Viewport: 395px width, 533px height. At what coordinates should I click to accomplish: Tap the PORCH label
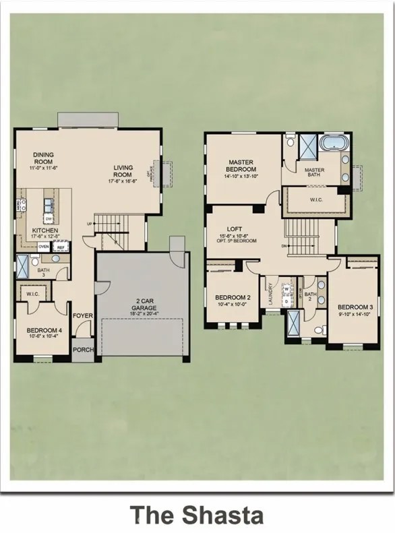[83, 350]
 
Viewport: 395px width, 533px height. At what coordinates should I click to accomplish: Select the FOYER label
[83, 314]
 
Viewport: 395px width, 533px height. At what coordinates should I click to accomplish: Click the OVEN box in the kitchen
[43, 247]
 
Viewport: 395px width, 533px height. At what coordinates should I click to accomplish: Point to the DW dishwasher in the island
[49, 219]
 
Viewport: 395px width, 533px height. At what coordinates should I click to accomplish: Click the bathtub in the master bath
[331, 144]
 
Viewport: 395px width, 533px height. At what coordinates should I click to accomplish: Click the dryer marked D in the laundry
[286, 301]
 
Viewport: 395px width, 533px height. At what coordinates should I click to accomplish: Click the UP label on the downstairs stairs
[90, 224]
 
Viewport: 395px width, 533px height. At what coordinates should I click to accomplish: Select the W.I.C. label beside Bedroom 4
[32, 294]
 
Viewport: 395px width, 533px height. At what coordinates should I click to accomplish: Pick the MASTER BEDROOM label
[240, 166]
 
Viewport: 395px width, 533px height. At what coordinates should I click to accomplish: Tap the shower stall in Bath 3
[22, 267]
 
